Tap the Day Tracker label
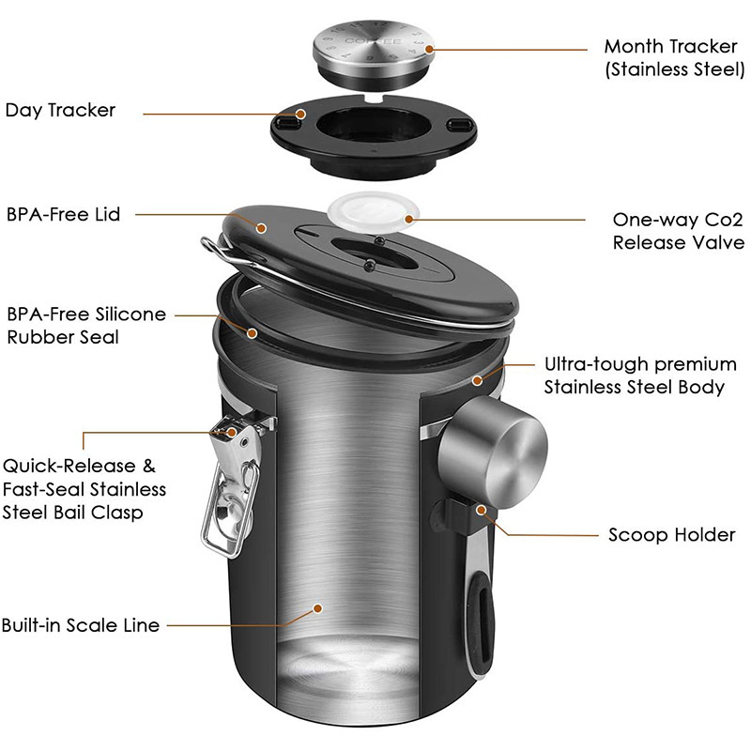point(61,110)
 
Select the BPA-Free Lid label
point(62,214)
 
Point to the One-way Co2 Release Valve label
point(678,231)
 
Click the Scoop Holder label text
point(671,535)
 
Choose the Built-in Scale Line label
point(81,624)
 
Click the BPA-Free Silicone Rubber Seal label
point(85,325)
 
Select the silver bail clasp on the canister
point(231,488)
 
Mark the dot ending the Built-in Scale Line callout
point(318,608)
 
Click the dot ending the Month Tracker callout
point(428,48)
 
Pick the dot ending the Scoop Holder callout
point(483,510)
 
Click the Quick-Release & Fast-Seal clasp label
point(84,488)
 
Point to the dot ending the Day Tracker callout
point(300,115)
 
